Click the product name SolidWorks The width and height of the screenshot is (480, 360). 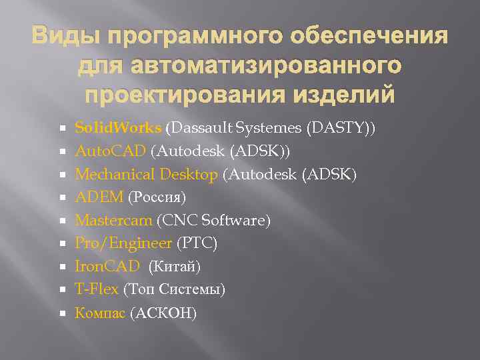coord(118,128)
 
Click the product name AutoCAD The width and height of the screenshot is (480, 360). coord(111,151)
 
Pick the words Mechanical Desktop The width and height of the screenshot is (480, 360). coord(146,175)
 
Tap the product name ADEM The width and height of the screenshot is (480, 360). coord(99,197)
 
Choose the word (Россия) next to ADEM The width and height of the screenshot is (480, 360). coord(156,198)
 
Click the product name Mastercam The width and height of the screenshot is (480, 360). coord(113,221)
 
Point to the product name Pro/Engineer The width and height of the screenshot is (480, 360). coord(123,244)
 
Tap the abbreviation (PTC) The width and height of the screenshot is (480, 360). coord(197,244)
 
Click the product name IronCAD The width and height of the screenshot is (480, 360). coord(107,267)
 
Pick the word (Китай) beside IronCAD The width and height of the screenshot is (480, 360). coord(173,267)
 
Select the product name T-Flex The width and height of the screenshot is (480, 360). coord(97,289)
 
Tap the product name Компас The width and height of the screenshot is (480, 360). coord(100,313)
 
